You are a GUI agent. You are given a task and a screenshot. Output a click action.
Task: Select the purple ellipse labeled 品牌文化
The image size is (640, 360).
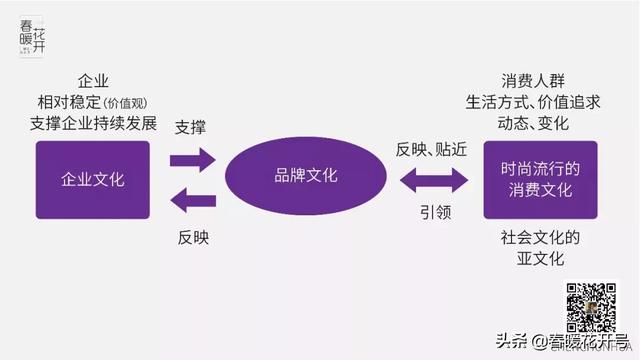(306, 176)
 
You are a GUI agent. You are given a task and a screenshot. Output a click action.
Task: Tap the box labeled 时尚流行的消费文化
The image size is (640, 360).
(541, 180)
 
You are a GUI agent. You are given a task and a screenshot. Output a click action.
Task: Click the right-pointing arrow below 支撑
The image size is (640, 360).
(192, 159)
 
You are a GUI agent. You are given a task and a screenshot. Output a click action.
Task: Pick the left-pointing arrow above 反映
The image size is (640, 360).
(192, 200)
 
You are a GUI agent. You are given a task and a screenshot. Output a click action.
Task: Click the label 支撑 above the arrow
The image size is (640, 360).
(193, 128)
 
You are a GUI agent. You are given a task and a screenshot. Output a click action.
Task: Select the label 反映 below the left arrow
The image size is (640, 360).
(193, 238)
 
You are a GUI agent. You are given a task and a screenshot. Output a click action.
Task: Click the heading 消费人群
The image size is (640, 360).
(539, 80)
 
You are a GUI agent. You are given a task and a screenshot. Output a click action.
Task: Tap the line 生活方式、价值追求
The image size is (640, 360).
(540, 102)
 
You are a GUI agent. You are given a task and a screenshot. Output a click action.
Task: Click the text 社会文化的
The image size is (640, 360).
(540, 238)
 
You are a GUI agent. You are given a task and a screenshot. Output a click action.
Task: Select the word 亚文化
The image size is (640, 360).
(540, 260)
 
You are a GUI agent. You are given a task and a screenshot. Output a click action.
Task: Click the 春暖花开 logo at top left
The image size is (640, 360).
(31, 38)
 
